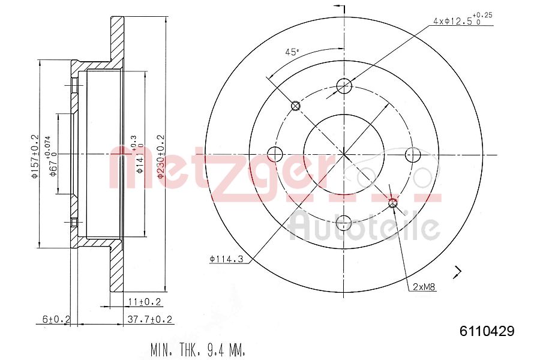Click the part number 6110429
pyautogui.click(x=487, y=331)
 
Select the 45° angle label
pyautogui.click(x=292, y=52)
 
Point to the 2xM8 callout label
pyautogui.click(x=424, y=287)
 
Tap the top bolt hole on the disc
pyautogui.click(x=343, y=86)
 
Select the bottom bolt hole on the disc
pyautogui.click(x=343, y=223)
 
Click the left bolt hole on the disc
pyautogui.click(x=274, y=154)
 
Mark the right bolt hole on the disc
pyautogui.click(x=412, y=155)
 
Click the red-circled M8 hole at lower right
pyautogui.click(x=393, y=203)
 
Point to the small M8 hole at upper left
pyautogui.click(x=295, y=106)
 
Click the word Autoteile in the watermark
pyautogui.click(x=364, y=227)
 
